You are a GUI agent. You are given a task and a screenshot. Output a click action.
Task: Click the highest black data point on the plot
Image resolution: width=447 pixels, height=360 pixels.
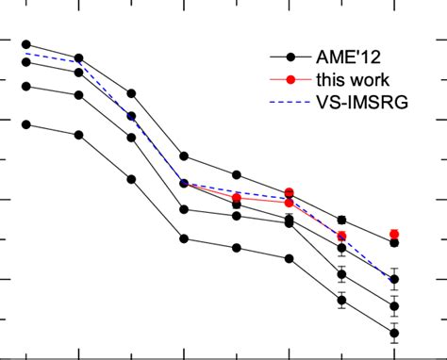point(26,44)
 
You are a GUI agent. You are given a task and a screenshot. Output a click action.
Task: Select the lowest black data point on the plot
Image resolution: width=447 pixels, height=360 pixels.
point(394,333)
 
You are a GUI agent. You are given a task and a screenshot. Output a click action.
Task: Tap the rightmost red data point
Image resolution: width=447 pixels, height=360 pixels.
point(394,234)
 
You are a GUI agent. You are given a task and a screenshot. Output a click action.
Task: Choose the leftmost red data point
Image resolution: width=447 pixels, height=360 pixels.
point(237,198)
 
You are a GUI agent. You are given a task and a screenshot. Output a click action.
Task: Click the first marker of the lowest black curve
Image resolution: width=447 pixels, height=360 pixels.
point(26,123)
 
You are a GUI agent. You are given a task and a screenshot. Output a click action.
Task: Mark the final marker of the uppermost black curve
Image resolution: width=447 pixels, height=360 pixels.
point(394,243)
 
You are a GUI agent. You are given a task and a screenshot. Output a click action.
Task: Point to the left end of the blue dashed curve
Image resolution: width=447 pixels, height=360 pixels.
point(26,53)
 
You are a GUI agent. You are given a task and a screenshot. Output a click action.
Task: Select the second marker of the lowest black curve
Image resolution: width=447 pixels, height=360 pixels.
point(79,135)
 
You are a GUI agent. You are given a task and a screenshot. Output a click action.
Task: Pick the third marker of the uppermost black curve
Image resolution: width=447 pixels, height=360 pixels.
point(132,93)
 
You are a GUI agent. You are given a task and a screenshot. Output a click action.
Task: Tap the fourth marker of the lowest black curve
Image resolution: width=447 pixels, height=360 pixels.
point(185,238)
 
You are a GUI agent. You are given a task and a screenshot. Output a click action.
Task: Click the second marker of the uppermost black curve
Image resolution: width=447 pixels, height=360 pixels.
point(79,58)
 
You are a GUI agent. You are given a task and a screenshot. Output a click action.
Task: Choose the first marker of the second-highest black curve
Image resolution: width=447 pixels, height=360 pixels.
point(26,62)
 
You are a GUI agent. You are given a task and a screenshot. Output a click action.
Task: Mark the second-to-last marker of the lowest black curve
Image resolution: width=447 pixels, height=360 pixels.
point(341,302)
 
